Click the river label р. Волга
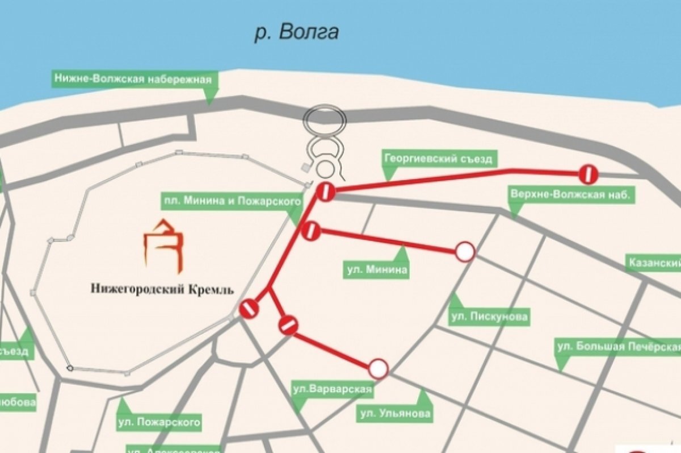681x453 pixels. pos(296,32)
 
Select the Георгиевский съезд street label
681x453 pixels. pos(438,159)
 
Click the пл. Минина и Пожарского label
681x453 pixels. pos(230,201)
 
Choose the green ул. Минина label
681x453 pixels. pos(377,269)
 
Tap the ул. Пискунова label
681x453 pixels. pos(489,317)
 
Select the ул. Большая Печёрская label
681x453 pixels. pos(617,346)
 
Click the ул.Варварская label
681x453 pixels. pos(331,390)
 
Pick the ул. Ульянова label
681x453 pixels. pos(394,414)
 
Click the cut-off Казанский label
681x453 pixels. pos(653,263)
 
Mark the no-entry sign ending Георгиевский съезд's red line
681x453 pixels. pos(588,174)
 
